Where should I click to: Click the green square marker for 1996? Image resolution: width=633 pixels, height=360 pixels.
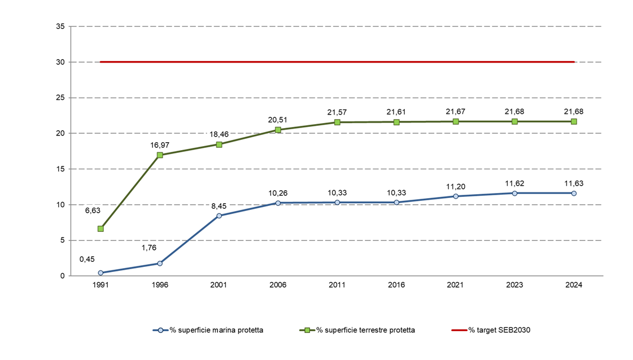tap(160, 155)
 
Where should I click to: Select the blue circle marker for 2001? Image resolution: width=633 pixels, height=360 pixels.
tap(219, 216)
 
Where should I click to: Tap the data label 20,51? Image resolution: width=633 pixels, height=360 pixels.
tap(278, 119)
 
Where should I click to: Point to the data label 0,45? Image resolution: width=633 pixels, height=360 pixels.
tap(87, 259)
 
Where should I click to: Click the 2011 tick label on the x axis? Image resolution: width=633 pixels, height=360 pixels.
tap(337, 286)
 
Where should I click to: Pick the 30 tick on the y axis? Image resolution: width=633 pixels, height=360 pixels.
tap(61, 62)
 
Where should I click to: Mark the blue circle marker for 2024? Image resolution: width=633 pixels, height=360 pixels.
tap(574, 193)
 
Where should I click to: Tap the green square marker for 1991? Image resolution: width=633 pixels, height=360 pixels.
tap(101, 229)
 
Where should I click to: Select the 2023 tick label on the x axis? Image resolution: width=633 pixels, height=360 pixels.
tap(514, 286)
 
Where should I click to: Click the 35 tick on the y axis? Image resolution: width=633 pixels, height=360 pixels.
tap(61, 27)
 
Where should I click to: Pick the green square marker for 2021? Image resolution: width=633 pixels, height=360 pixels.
tap(456, 121)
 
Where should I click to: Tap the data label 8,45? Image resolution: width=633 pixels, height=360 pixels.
tap(219, 206)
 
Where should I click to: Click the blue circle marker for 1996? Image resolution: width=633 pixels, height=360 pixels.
tap(160, 264)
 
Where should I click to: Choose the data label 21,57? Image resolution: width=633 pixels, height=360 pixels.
tap(337, 112)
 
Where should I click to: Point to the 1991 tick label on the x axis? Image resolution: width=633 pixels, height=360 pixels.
tap(101, 286)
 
